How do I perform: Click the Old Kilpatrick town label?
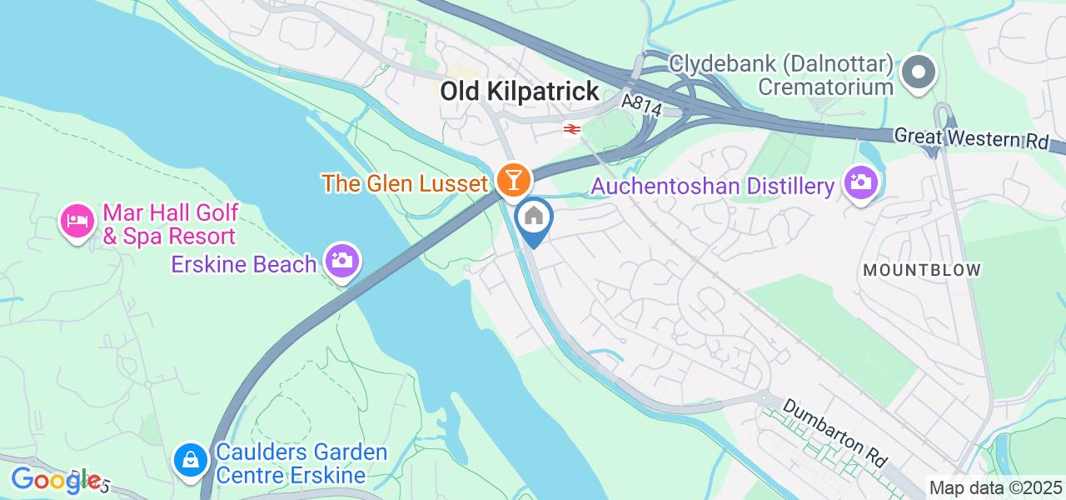tap(520, 92)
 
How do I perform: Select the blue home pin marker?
tap(534, 218)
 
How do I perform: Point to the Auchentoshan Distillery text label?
tap(712, 187)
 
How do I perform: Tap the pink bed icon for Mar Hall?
tap(77, 221)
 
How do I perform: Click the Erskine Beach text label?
tap(244, 264)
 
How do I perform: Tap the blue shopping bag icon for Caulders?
tap(191, 459)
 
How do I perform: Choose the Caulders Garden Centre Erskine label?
tap(301, 464)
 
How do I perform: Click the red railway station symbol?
tap(571, 128)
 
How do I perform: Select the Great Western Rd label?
tap(970, 138)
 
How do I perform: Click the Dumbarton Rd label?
tap(835, 433)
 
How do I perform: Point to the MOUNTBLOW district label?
tap(922, 270)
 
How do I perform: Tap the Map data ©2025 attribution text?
tap(995, 487)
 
